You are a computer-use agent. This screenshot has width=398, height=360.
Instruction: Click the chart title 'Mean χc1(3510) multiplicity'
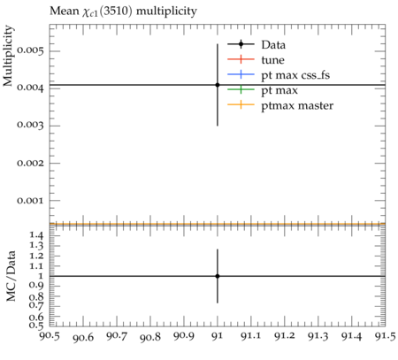123,11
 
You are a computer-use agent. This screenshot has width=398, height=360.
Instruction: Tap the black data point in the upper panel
218,85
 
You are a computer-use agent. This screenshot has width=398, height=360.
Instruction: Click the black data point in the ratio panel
218,276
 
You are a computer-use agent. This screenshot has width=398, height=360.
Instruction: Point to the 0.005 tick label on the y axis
30,50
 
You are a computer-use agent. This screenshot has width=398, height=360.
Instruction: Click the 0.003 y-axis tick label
30,126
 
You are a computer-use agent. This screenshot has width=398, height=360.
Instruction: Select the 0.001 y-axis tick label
30,201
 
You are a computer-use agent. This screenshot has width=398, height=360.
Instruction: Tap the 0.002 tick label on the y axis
30,163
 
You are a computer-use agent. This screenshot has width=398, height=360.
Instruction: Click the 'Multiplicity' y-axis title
8,56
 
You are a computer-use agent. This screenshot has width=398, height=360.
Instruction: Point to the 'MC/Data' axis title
11,276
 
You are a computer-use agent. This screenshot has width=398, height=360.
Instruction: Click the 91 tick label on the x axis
218,336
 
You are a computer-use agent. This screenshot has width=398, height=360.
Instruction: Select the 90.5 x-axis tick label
50,336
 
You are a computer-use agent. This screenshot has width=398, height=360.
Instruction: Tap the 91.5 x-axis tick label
385,336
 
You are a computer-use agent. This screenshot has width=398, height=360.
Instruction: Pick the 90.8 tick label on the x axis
150,337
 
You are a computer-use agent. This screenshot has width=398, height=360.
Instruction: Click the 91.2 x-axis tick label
285,336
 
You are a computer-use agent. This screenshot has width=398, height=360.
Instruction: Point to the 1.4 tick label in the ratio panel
36,235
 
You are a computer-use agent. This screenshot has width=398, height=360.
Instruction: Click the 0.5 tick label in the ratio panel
36,326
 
